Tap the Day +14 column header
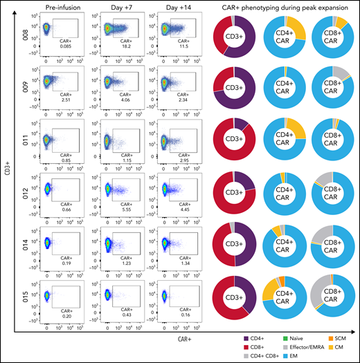pyautogui.click(x=177, y=7)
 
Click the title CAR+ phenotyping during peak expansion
pyautogui.click(x=282, y=7)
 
